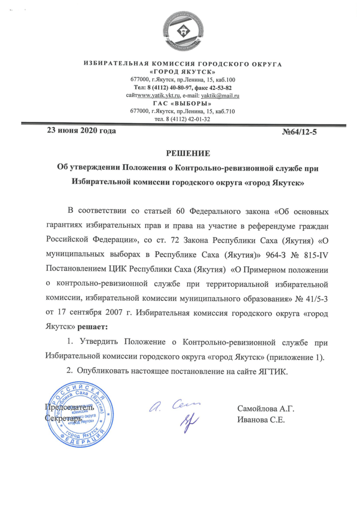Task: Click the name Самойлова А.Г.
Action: pos(267,409)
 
